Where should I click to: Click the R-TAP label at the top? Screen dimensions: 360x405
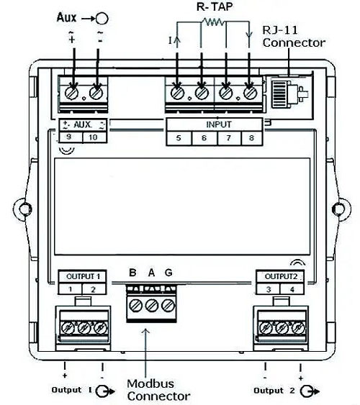(x=215, y=6)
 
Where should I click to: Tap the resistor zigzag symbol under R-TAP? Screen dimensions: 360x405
(x=213, y=22)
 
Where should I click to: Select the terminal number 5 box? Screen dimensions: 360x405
(x=179, y=138)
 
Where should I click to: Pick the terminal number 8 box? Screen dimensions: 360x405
(x=252, y=138)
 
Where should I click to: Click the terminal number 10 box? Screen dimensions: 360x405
(x=94, y=137)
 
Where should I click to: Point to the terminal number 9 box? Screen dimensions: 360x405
(x=71, y=137)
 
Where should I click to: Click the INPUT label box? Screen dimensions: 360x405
(x=215, y=124)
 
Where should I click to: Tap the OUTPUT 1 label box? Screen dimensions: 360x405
(x=82, y=277)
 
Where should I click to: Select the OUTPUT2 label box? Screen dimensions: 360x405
(x=280, y=277)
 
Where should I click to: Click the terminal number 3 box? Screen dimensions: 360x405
(x=268, y=288)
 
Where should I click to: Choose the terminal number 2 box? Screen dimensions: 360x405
(x=94, y=288)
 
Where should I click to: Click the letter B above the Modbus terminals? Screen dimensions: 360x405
(x=132, y=273)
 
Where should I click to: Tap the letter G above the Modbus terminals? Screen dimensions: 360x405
(x=168, y=273)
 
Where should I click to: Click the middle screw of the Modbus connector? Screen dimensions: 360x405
(x=152, y=305)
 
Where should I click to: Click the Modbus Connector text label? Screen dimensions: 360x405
(x=158, y=390)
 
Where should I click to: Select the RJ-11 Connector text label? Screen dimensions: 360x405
(x=294, y=37)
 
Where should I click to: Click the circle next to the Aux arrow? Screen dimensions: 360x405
(x=102, y=19)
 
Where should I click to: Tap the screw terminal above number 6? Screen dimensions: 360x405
(x=202, y=93)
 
